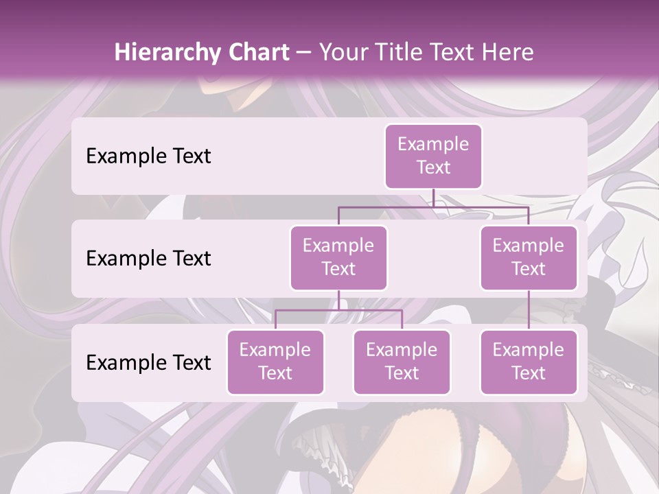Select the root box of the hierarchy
click(433, 156)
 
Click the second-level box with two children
click(338, 257)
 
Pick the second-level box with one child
click(529, 257)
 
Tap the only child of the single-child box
click(529, 362)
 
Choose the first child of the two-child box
click(275, 362)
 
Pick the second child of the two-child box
click(402, 362)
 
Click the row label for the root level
click(148, 156)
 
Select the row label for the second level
click(148, 258)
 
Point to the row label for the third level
click(148, 362)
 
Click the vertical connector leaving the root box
click(433, 198)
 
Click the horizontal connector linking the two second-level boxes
click(433, 207)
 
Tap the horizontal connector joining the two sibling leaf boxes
click(338, 310)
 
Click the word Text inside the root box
click(433, 167)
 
